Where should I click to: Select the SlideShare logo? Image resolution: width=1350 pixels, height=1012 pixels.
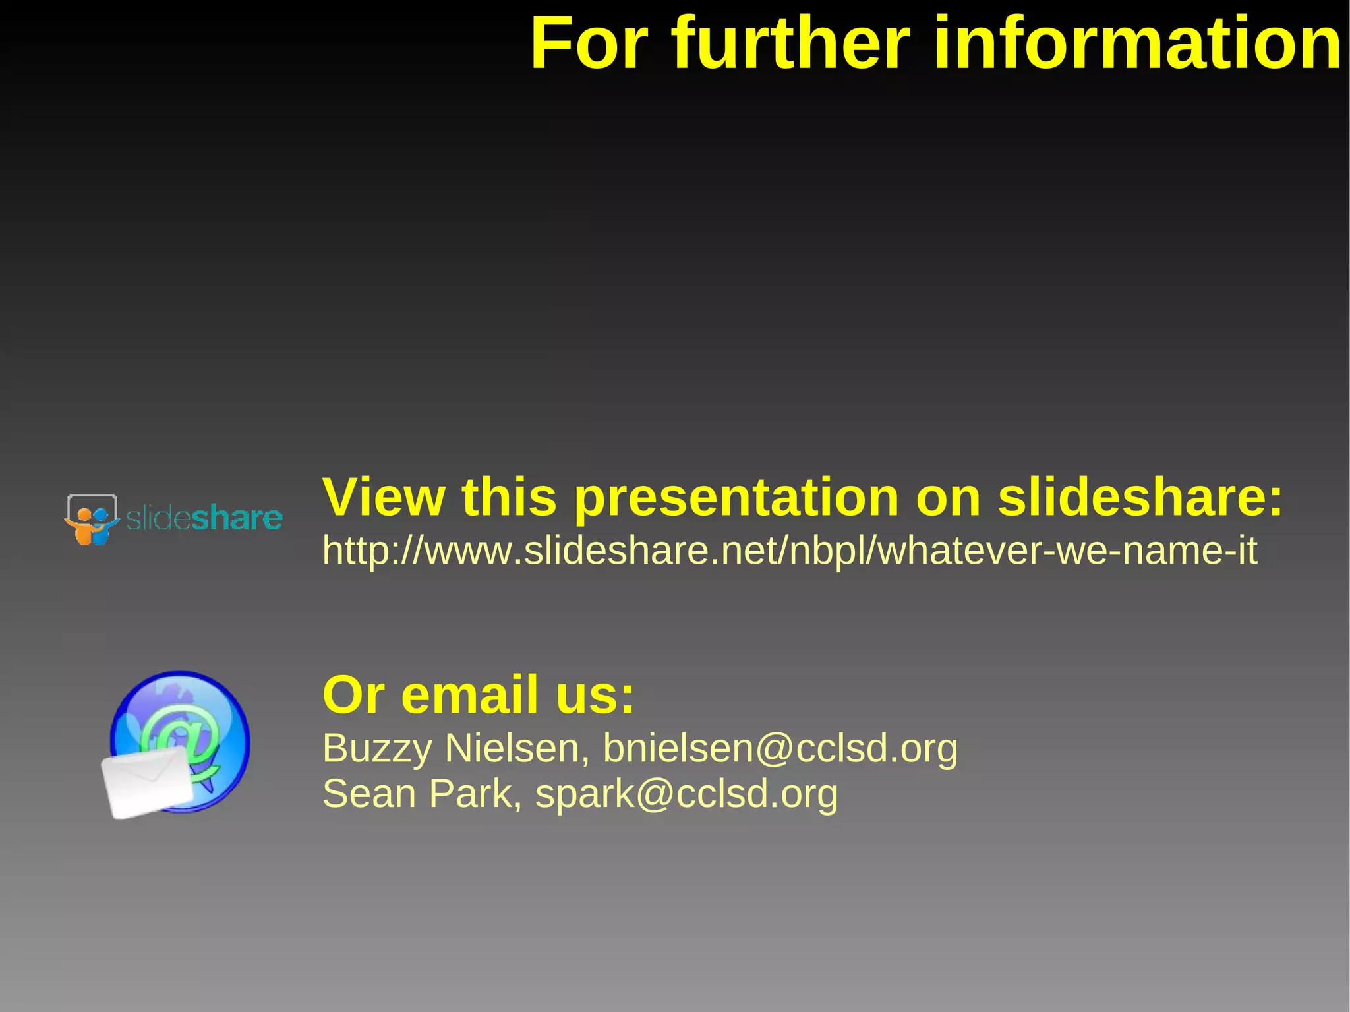pos(173,520)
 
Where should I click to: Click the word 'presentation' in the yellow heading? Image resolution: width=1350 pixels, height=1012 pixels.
pos(736,498)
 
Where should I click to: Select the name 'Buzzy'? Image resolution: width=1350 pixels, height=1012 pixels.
pos(377,750)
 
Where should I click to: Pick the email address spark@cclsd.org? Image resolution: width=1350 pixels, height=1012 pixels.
pos(686,794)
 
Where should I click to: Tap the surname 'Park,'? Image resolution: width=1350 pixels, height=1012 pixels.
pos(475,793)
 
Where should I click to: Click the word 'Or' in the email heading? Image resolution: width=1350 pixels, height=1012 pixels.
pos(353,695)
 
